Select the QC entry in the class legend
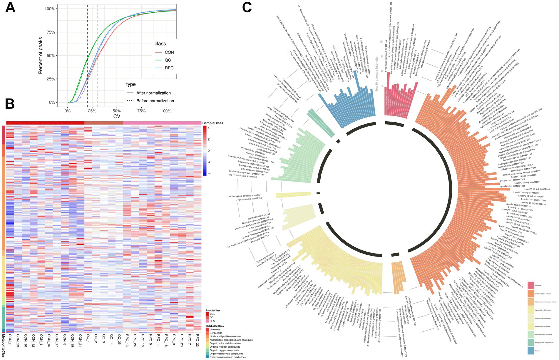pyautogui.click(x=168, y=60)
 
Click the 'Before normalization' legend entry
pyautogui.click(x=155, y=101)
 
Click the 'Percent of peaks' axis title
pyautogui.click(x=41, y=55)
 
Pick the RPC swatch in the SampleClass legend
pyautogui.click(x=207, y=321)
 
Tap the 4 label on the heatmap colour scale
pyautogui.click(x=209, y=128)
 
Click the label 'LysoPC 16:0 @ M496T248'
pyautogui.click(x=537, y=189)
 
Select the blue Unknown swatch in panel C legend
pyautogui.click(x=530, y=351)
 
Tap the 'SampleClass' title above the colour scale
pyautogui.click(x=212, y=123)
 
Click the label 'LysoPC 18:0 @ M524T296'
pyautogui.click(x=531, y=196)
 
